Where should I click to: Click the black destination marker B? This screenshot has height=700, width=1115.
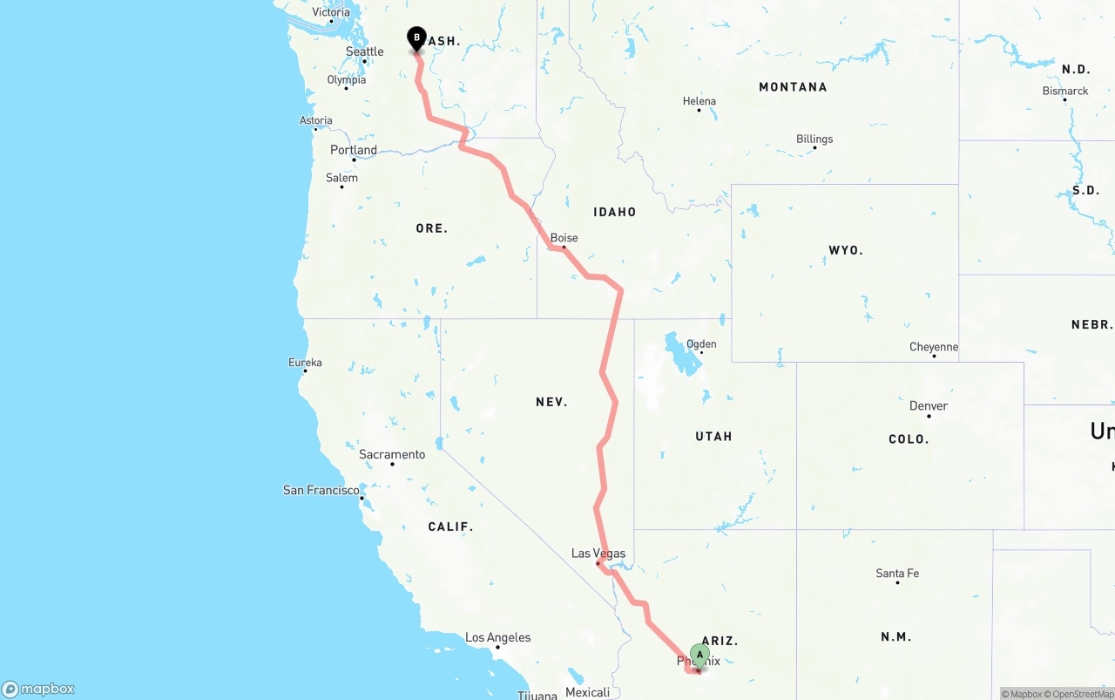[x=416, y=38]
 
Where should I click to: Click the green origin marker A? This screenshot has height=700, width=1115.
[x=699, y=655]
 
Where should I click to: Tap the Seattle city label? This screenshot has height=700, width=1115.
[x=364, y=51]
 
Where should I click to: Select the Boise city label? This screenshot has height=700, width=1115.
[x=564, y=238]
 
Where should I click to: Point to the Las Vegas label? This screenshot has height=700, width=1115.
[x=598, y=554]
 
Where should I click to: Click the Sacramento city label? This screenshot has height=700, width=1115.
[x=392, y=455]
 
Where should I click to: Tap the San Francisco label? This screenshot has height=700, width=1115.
[x=321, y=491]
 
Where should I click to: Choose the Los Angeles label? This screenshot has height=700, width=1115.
[x=497, y=638]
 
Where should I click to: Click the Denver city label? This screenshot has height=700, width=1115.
[x=928, y=406]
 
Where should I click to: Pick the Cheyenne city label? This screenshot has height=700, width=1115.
[x=933, y=347]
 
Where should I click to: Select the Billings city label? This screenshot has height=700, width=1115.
[x=814, y=139]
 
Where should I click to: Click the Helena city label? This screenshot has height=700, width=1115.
[x=699, y=102]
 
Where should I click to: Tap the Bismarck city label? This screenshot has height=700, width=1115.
[x=1064, y=91]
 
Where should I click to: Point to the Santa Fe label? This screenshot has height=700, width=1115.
[x=896, y=574]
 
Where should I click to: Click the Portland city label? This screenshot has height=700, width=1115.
[x=353, y=150]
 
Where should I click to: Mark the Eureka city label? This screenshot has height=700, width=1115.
[x=305, y=363]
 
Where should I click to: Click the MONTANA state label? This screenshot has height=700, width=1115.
[x=793, y=87]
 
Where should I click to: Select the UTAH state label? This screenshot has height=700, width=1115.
[x=713, y=437]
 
